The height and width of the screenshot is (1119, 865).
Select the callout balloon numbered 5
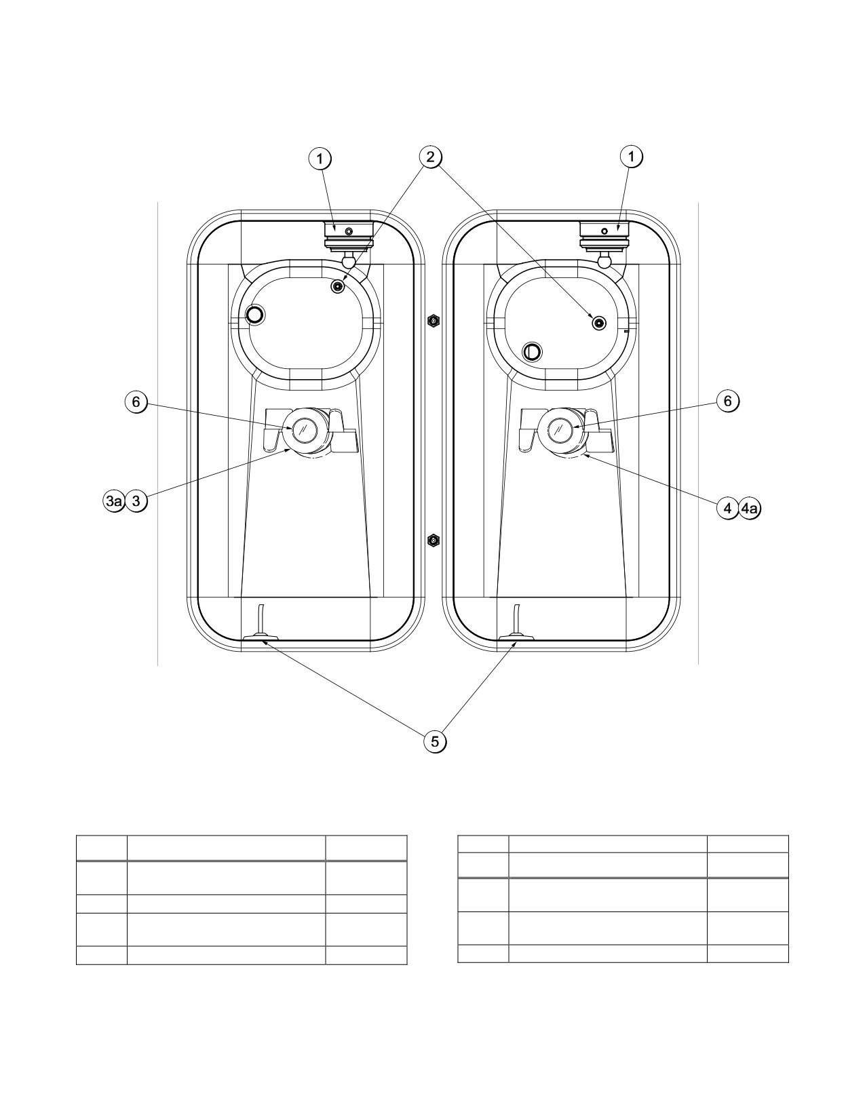[435, 741]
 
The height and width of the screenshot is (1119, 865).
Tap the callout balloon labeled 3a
[113, 501]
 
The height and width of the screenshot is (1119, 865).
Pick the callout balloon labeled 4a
[750, 509]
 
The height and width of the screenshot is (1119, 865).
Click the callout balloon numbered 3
[136, 501]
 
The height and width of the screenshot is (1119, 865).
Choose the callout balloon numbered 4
[727, 509]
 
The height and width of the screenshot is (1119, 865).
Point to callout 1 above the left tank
[320, 159]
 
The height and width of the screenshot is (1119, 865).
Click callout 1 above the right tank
[631, 157]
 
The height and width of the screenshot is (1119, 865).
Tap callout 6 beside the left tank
[136, 401]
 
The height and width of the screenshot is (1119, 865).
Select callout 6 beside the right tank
[727, 401]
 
